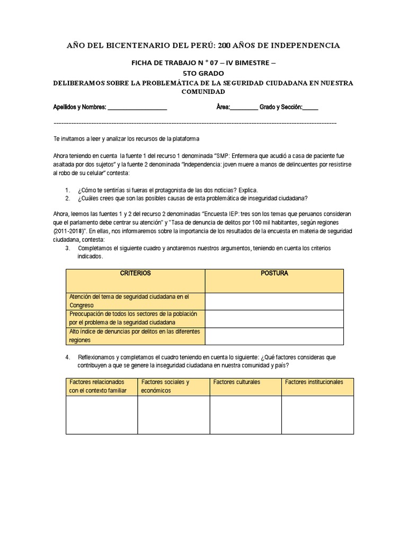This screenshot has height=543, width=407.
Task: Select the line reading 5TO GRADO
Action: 204,73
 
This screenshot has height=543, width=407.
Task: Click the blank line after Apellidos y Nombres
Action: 137,108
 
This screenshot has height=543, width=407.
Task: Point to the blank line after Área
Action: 244,108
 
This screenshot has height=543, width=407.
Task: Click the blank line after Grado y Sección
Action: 311,108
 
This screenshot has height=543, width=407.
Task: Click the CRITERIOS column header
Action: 135,274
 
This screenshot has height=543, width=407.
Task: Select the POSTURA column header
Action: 274,274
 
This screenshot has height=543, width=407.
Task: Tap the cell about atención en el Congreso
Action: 135,301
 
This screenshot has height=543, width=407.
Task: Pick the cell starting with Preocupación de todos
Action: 135,318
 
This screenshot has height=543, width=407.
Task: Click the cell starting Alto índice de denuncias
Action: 135,336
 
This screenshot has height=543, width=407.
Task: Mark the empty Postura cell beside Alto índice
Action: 274,336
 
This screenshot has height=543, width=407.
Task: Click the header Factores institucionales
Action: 314,382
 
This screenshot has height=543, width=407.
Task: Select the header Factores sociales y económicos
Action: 173,386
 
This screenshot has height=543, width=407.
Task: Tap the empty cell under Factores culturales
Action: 245,415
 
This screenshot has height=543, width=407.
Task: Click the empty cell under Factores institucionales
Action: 317,415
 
